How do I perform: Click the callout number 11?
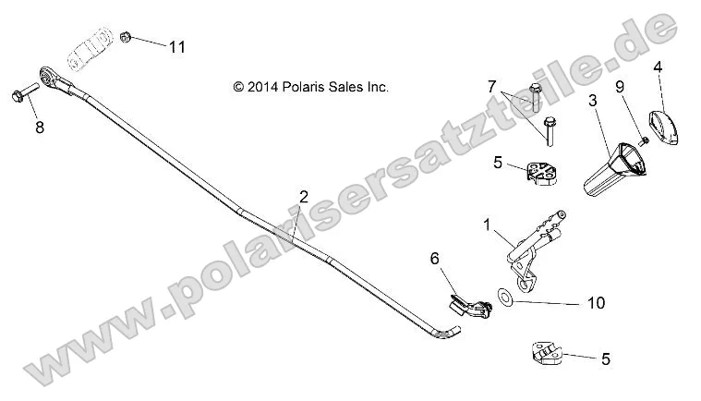[176, 46]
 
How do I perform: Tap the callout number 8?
[39, 128]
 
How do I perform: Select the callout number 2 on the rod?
[303, 197]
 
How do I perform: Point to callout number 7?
[492, 86]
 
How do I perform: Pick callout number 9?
[621, 87]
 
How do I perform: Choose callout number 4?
[658, 67]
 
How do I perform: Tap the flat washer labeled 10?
[504, 297]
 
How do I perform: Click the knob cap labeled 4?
[660, 125]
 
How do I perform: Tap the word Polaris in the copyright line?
[306, 88]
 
